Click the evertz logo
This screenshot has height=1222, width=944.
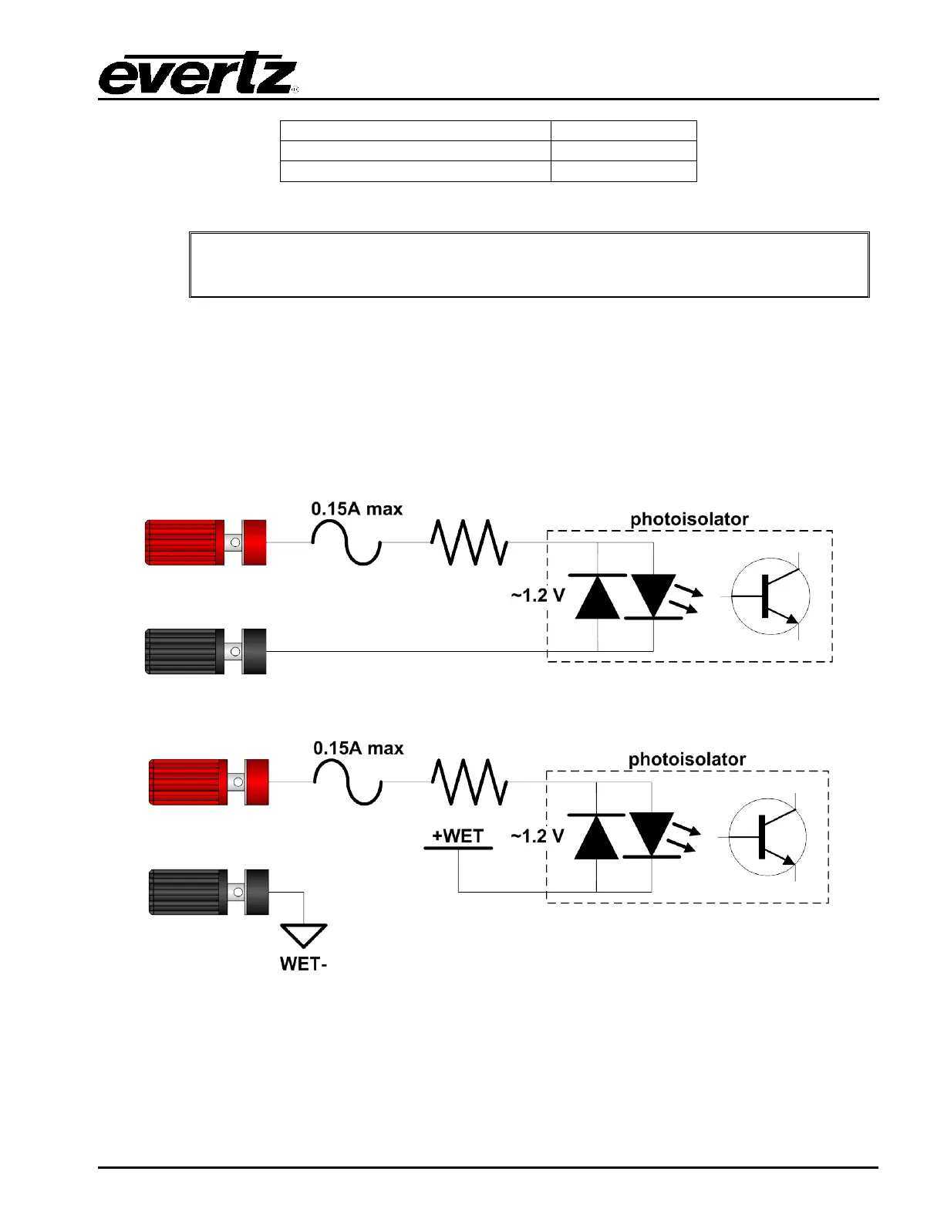(198, 75)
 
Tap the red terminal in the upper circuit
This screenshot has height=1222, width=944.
(205, 542)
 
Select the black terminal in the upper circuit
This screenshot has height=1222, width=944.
(205, 652)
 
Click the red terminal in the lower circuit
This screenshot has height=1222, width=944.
(208, 782)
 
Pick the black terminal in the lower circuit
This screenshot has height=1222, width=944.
(208, 892)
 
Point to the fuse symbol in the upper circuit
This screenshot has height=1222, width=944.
(346, 542)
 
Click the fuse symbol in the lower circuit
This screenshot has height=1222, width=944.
(348, 781)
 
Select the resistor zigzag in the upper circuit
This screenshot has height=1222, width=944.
(469, 542)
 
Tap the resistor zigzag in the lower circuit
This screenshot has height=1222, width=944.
(469, 781)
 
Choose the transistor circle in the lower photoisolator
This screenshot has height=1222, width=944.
(767, 837)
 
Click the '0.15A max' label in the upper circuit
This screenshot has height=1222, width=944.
(357, 509)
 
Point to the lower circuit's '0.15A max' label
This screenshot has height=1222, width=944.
(359, 748)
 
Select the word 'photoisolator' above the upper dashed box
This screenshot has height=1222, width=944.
(689, 519)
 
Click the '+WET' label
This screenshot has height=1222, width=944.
(458, 836)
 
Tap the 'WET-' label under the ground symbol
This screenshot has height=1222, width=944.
(304, 964)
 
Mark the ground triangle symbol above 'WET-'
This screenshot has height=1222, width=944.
(304, 934)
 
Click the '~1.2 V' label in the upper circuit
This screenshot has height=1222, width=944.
(538, 596)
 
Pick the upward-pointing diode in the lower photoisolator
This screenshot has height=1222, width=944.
(596, 837)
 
